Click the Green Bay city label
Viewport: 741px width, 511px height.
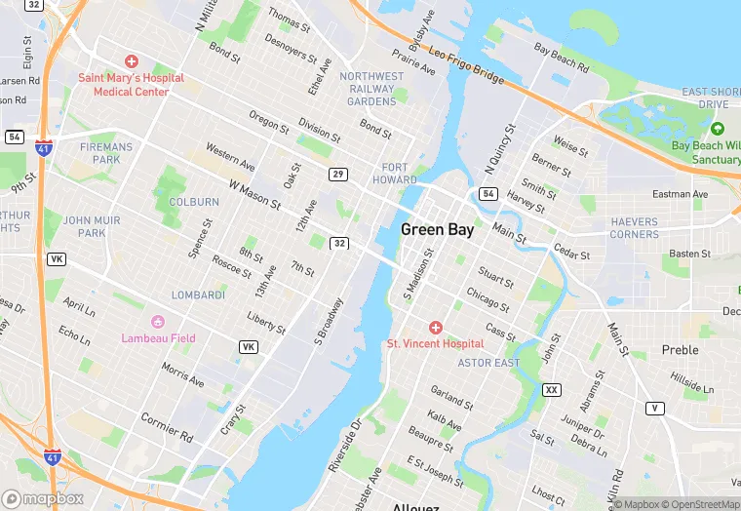tap(438, 230)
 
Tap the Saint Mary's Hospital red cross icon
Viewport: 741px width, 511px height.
tap(132, 61)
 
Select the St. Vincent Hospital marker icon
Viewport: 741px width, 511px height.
tap(435, 328)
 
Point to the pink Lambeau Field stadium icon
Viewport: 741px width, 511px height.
tap(158, 323)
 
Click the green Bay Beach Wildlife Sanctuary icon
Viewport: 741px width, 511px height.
tap(718, 129)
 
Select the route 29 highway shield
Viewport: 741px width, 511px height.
tap(337, 174)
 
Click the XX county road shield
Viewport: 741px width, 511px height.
tap(552, 390)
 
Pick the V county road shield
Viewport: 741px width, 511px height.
tap(654, 408)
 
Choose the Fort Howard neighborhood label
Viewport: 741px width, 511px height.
tap(395, 174)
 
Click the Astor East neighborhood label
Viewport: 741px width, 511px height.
tap(489, 363)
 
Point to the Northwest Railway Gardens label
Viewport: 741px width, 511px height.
tap(371, 89)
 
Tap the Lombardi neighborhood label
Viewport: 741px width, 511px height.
tap(198, 295)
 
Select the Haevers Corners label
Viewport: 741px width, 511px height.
tap(635, 228)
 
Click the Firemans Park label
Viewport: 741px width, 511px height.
tap(99, 153)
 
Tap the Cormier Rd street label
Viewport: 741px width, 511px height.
tap(167, 424)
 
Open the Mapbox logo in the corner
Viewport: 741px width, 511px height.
tap(44, 498)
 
